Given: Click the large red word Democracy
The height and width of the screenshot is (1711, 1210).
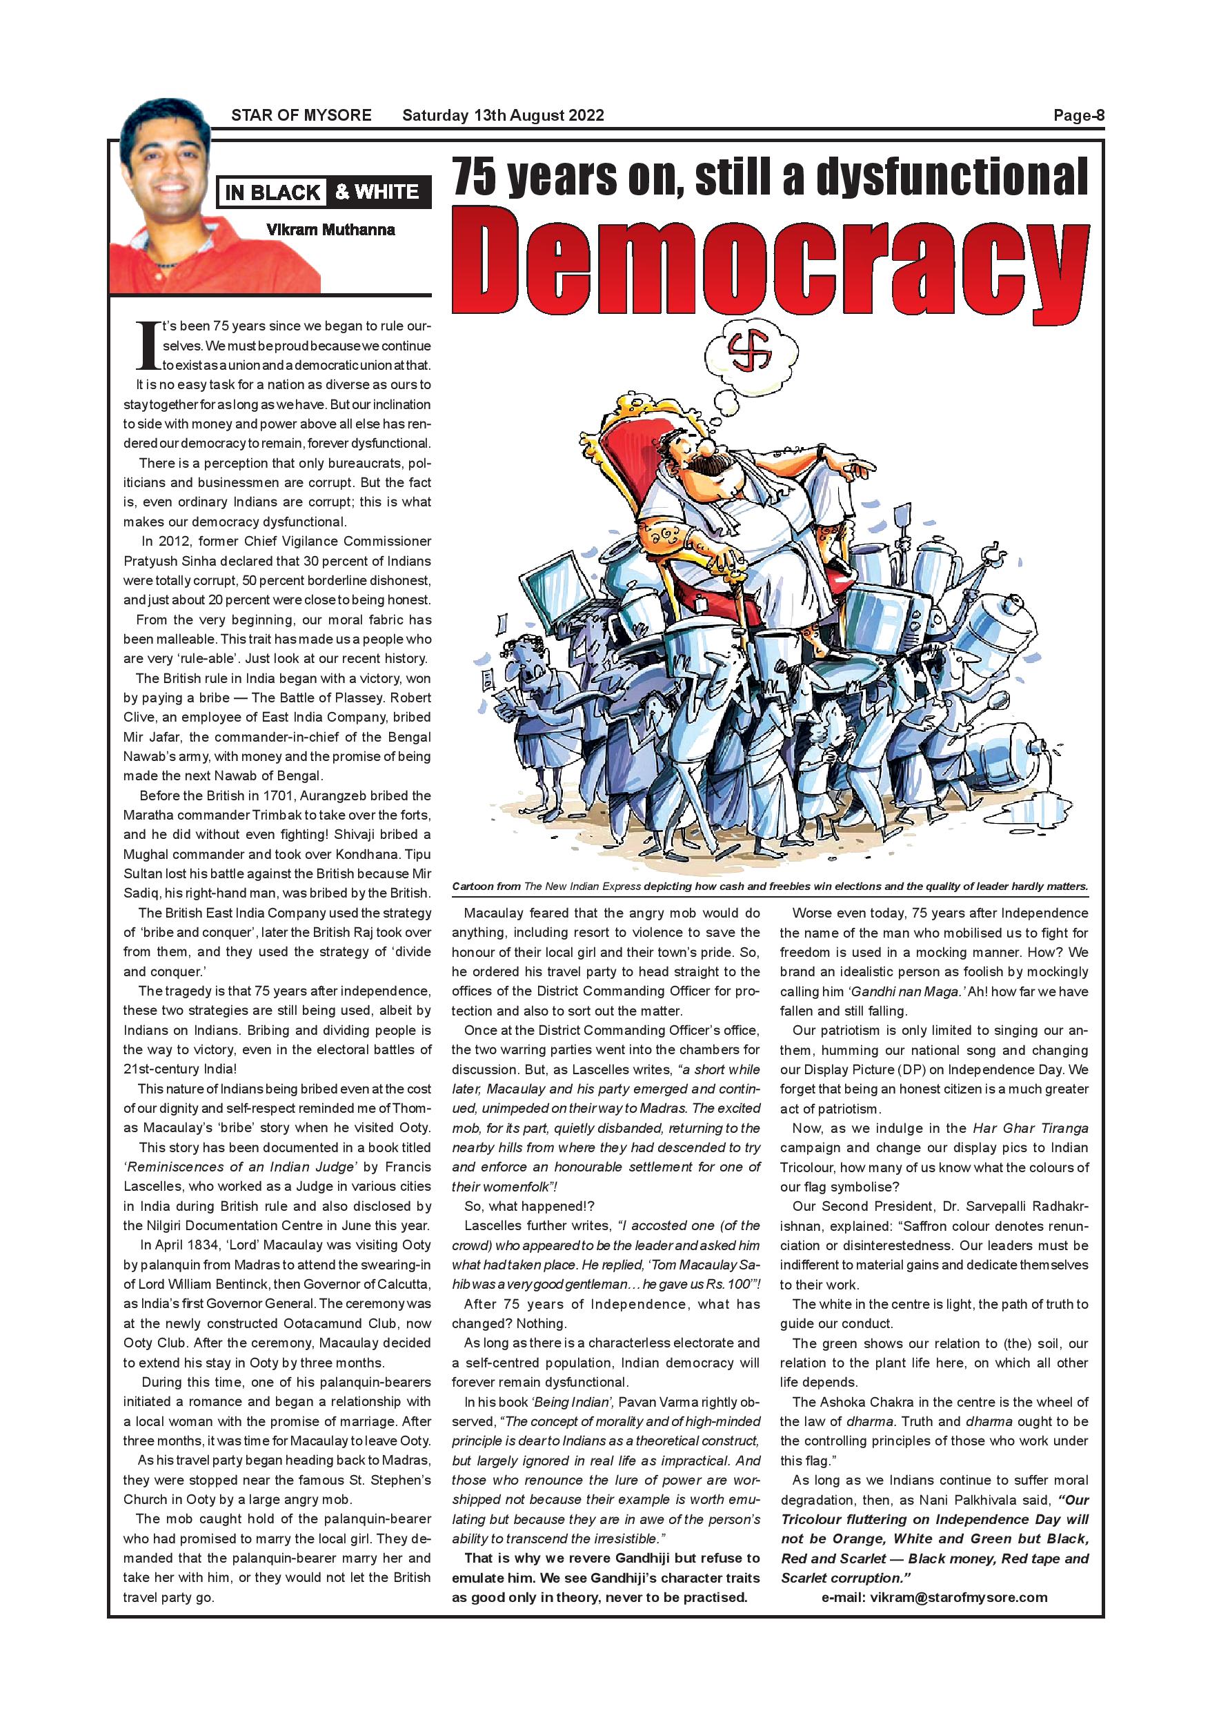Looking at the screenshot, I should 771,261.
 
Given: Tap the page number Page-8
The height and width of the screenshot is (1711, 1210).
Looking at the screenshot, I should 1078,115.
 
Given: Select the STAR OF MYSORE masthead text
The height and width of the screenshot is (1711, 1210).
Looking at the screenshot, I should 301,115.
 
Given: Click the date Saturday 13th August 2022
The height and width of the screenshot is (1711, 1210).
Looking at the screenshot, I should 503,115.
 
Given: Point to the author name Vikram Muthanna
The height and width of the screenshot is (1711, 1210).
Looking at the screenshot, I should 330,230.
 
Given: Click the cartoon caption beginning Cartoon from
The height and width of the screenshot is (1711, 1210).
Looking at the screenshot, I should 770,887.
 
